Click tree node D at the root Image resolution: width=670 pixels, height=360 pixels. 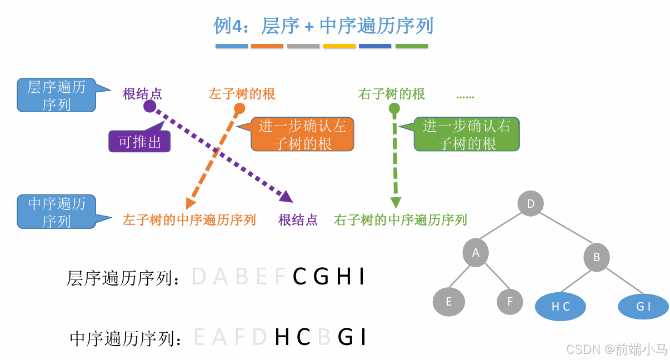pyautogui.click(x=531, y=203)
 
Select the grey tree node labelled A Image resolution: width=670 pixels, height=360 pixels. pyautogui.click(x=476, y=253)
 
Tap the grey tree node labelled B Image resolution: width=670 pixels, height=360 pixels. pyautogui.click(x=597, y=257)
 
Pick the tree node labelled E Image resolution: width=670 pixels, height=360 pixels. pyautogui.click(x=448, y=302)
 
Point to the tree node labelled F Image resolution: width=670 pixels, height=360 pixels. pyautogui.click(x=510, y=302)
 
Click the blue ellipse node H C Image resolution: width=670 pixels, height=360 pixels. pyautogui.click(x=561, y=307)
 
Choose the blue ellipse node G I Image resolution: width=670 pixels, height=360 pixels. pyautogui.click(x=643, y=307)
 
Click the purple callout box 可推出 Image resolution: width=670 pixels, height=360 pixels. pyautogui.click(x=139, y=142)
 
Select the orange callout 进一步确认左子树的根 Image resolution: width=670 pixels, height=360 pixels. pyautogui.click(x=302, y=134)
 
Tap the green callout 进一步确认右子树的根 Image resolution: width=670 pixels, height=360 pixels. pyautogui.click(x=467, y=134)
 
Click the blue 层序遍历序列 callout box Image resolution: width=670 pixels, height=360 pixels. pyautogui.click(x=56, y=95)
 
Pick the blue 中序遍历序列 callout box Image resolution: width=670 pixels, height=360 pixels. pyautogui.click(x=56, y=212)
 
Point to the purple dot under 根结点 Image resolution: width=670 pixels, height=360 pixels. pyautogui.click(x=149, y=106)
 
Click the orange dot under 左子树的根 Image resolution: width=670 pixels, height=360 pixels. pyautogui.click(x=239, y=108)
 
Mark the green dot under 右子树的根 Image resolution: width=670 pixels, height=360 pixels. pyautogui.click(x=394, y=108)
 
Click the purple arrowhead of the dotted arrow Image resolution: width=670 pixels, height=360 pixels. pyautogui.click(x=286, y=196)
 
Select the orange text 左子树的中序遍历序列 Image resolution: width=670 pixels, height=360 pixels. pyautogui.click(x=189, y=220)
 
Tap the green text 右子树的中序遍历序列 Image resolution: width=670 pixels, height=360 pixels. pyautogui.click(x=400, y=220)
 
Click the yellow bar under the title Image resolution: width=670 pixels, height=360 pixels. pyautogui.click(x=339, y=46)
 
